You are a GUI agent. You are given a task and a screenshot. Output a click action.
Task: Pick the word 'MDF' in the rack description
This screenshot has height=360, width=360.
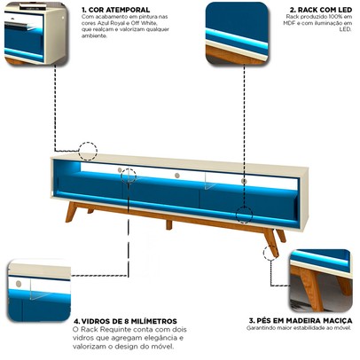tap(293, 24)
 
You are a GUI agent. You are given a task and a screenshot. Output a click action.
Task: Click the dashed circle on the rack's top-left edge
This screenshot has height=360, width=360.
tap(88, 152)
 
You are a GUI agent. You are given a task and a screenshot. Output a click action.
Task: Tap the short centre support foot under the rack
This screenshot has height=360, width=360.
tap(168, 224)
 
